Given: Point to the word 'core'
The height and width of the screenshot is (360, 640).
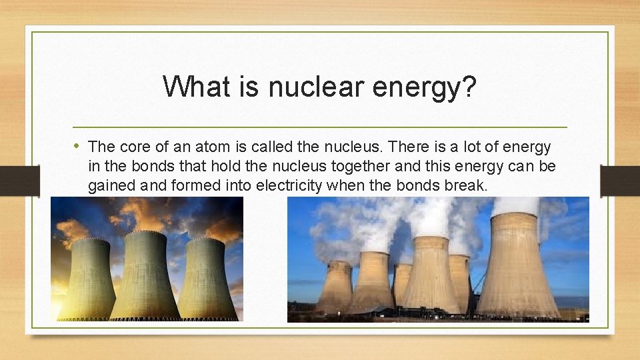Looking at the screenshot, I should point(132,147).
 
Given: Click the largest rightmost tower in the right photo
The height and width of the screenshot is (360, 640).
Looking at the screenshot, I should point(517,267).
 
